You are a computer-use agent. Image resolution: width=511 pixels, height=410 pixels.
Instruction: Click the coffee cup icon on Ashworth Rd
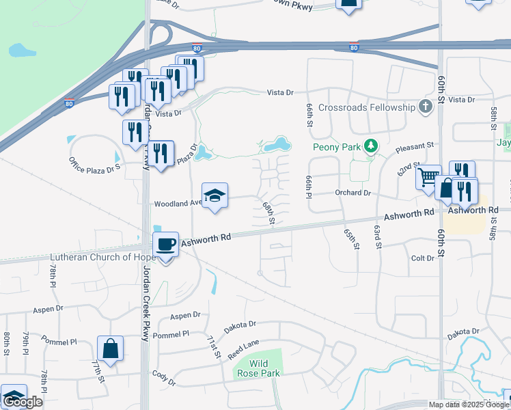165,244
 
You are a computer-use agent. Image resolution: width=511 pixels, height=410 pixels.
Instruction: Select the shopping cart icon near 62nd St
428,178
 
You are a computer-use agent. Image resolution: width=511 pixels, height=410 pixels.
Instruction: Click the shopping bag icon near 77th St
110,349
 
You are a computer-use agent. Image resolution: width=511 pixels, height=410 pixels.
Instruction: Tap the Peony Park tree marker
370,146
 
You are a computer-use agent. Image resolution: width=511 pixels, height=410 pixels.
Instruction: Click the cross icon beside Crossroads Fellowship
426,107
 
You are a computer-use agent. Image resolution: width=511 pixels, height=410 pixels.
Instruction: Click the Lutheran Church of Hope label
94,258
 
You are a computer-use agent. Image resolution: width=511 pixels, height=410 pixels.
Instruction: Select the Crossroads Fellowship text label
366,107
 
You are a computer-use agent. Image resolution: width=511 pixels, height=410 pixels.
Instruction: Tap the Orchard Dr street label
353,193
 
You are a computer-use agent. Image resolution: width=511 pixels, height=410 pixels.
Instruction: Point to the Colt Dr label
423,258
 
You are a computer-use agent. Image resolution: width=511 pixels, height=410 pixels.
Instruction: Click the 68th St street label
269,213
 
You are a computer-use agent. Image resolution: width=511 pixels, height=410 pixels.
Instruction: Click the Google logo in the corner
22,402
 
